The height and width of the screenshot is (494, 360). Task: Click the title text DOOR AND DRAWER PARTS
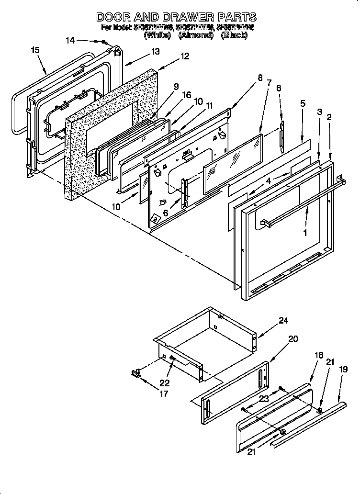pos(176,17)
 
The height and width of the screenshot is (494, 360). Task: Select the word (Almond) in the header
pos(195,35)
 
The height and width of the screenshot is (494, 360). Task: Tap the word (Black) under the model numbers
pos(234,35)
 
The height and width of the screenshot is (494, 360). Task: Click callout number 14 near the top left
pos(70,41)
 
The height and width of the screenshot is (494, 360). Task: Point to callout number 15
pos(35,50)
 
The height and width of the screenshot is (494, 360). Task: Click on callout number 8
pos(259,78)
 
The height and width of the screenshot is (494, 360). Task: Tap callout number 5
pos(303,103)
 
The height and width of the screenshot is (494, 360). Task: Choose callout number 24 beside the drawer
pos(283,321)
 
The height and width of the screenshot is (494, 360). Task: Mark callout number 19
pos(342,369)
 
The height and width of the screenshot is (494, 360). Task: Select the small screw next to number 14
pos(103,42)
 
